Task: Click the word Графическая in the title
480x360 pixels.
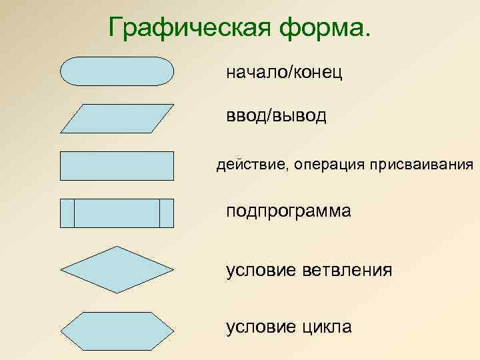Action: [180, 29]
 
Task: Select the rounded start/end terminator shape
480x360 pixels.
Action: [117, 71]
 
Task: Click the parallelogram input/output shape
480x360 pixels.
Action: [117, 119]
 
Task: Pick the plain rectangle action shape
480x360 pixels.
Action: [117, 166]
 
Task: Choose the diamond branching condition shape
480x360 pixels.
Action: [117, 270]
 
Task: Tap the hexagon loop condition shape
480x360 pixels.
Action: [117, 327]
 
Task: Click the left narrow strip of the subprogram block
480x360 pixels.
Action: [67, 213]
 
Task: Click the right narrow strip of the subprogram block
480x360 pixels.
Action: [167, 213]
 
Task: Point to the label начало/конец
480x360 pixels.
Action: [285, 72]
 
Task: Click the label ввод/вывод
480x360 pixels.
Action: [277, 117]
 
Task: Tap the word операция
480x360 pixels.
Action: [327, 165]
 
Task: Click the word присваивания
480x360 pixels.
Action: [423, 165]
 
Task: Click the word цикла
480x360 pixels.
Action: [328, 327]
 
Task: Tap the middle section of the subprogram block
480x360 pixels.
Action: [117, 213]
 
